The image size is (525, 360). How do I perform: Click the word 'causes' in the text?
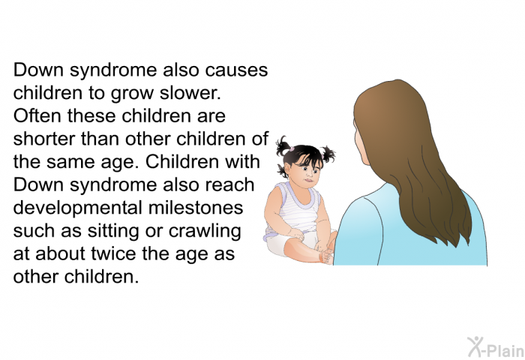(x=236, y=70)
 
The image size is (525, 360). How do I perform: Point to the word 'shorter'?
(x=43, y=139)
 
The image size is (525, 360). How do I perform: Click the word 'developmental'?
(x=78, y=208)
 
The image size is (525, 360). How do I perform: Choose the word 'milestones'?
(x=196, y=208)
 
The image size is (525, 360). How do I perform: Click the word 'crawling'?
(x=205, y=231)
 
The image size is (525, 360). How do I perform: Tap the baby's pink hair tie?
(x=291, y=148)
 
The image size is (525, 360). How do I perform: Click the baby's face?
(x=308, y=172)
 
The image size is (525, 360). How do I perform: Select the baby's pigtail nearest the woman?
(x=328, y=154)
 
